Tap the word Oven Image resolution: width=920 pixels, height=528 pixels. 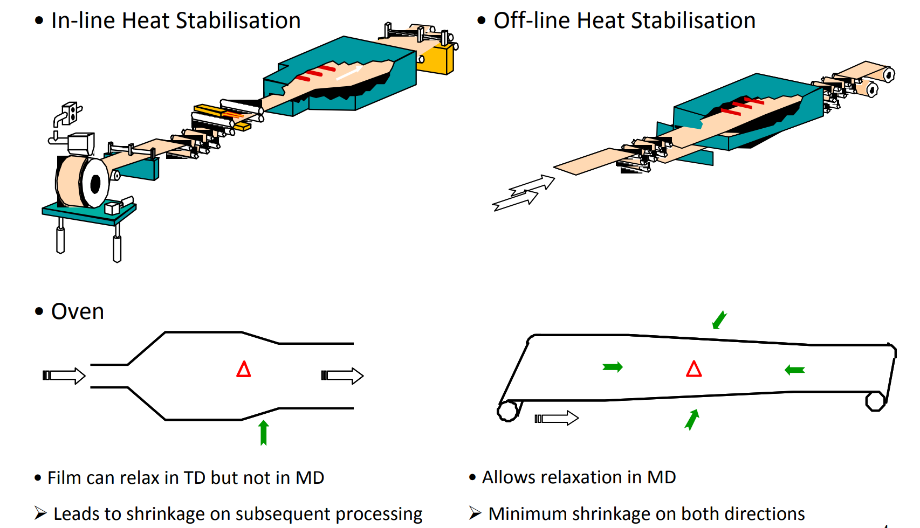click(77, 312)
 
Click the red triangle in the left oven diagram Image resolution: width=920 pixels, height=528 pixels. click(244, 370)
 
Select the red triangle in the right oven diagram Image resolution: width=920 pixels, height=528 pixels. click(694, 369)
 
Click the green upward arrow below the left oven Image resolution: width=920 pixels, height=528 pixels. click(264, 433)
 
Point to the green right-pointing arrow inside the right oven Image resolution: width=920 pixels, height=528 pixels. click(613, 367)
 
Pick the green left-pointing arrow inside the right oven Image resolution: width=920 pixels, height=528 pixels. click(795, 370)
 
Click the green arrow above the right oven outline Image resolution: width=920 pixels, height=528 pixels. click(719, 319)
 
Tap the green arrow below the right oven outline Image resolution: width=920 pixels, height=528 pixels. click(692, 420)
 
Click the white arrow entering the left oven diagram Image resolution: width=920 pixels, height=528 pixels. click(64, 376)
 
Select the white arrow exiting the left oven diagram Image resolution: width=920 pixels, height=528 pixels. click(342, 376)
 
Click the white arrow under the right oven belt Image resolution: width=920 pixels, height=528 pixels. click(557, 418)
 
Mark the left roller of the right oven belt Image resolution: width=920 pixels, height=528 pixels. click(507, 411)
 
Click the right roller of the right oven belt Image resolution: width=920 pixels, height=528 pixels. click(875, 401)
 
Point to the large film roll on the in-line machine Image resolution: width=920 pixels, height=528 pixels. click(81, 182)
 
